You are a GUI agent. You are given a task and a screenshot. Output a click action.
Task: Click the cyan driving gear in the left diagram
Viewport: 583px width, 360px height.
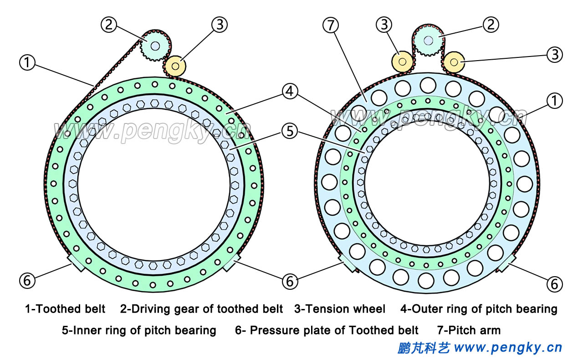(x=155, y=46)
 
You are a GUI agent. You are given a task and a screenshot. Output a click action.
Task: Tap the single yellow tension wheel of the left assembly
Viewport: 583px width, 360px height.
(x=175, y=66)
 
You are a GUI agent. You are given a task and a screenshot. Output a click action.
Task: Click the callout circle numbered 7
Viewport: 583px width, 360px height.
(x=331, y=26)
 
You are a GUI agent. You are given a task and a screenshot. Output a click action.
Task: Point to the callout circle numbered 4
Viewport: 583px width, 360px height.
(x=290, y=92)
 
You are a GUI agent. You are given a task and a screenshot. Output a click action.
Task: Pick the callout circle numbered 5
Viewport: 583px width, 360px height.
(x=290, y=132)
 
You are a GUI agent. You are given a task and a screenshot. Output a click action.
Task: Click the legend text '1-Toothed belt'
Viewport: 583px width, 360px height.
(x=65, y=309)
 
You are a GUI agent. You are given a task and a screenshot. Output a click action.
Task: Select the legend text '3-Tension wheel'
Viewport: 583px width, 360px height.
(x=340, y=309)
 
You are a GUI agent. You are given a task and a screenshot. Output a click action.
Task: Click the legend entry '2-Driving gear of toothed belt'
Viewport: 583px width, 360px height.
(x=201, y=309)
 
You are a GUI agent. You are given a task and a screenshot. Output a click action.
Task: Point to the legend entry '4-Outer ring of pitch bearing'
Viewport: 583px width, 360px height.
(x=479, y=309)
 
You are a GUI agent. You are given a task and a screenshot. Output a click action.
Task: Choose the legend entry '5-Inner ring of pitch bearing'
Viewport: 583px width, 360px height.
(x=139, y=330)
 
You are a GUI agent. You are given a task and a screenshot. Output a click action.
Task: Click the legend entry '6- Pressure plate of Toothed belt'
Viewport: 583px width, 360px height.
(x=327, y=330)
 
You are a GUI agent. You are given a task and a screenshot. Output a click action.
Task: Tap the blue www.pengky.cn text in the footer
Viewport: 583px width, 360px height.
(x=508, y=348)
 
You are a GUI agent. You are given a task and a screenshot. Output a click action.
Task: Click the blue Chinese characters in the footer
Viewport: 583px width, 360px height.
(x=424, y=348)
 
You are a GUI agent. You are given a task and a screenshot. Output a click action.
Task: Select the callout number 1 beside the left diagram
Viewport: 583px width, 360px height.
(x=27, y=62)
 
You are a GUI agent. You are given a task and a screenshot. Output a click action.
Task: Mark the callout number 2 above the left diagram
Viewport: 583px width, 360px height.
(x=109, y=25)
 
